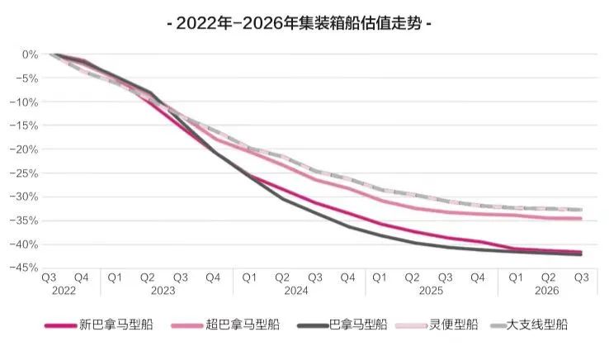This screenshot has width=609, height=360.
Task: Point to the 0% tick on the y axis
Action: pos(31,54)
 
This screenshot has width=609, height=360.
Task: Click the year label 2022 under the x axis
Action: pos(64,291)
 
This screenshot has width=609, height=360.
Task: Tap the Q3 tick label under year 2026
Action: pos(580,277)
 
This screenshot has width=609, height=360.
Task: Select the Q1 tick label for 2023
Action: pos(115,277)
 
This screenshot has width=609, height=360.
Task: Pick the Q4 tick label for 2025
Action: pos(478,277)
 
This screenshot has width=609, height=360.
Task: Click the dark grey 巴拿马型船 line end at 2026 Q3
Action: pos(581,254)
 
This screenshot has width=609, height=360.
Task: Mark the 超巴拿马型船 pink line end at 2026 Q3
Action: pos(581,218)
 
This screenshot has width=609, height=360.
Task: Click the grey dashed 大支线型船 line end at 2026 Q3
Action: pos(581,210)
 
